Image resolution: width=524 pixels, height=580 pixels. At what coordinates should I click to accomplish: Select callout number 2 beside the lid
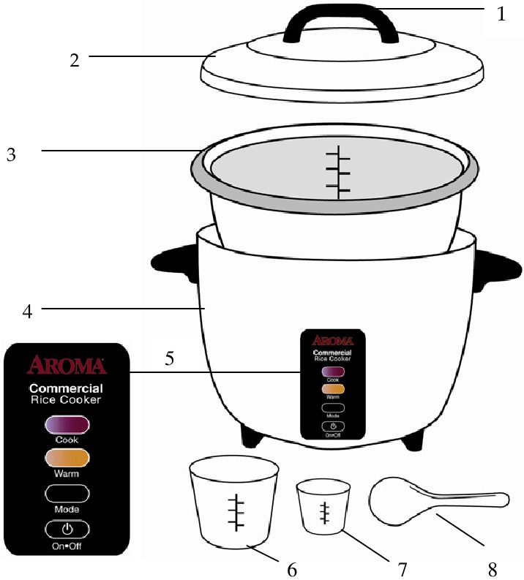(x=75, y=59)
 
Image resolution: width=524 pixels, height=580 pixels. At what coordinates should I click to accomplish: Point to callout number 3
(x=10, y=154)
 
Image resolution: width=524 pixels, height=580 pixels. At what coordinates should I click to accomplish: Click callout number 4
(x=27, y=310)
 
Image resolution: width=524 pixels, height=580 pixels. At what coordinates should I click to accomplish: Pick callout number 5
(x=170, y=359)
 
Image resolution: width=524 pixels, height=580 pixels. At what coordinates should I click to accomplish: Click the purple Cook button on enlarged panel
(x=67, y=425)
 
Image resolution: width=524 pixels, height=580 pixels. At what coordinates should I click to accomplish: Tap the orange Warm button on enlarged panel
(x=67, y=459)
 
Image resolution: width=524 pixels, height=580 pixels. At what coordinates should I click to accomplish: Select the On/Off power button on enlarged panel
(x=67, y=528)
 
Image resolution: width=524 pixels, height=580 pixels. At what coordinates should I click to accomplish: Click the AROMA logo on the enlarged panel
(x=67, y=365)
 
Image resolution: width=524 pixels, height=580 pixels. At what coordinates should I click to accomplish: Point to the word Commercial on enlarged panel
(x=66, y=388)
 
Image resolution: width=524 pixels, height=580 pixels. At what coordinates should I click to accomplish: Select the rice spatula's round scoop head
(x=395, y=501)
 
